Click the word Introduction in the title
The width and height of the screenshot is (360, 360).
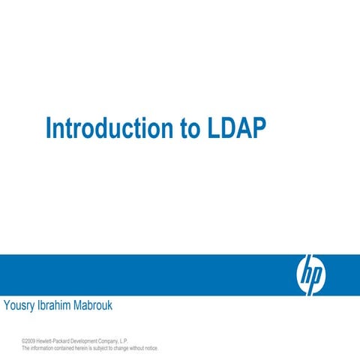(109, 128)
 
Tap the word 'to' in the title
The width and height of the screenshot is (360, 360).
(189, 128)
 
